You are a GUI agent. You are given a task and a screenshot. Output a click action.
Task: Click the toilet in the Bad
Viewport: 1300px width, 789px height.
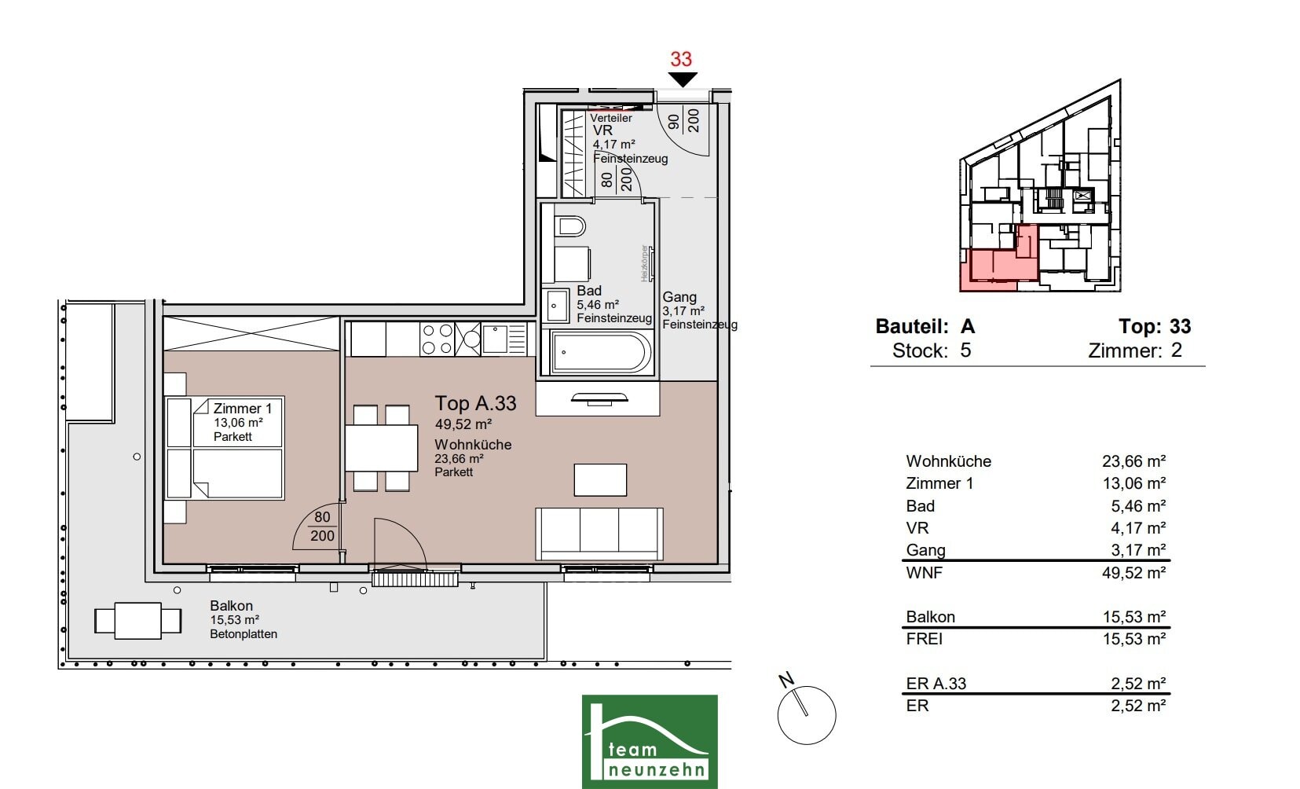[570, 226]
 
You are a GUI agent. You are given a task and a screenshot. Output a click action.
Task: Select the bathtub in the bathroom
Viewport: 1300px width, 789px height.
[599, 352]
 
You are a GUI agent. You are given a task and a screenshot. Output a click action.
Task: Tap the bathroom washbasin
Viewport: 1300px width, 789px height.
[556, 306]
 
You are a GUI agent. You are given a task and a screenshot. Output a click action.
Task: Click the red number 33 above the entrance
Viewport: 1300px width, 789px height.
[681, 59]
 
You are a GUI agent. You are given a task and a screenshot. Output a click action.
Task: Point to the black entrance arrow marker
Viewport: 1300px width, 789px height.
[683, 79]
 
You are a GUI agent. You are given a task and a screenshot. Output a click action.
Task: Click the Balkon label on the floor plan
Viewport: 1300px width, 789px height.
[231, 606]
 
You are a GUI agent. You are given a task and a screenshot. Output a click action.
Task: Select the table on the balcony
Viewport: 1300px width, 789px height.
[138, 621]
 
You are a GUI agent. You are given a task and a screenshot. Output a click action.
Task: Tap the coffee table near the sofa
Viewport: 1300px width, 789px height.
[600, 479]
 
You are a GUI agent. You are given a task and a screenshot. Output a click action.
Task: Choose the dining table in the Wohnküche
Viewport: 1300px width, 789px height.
[381, 448]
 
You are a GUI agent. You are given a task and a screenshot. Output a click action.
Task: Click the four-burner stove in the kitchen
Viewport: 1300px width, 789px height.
[438, 339]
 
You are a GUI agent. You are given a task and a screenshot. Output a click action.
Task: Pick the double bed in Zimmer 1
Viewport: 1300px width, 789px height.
[225, 448]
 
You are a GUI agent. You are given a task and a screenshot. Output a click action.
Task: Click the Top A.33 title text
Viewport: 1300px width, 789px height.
[475, 403]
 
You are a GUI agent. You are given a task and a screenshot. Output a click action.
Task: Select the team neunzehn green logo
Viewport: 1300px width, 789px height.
[650, 741]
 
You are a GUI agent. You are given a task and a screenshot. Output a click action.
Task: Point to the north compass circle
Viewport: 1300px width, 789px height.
[807, 715]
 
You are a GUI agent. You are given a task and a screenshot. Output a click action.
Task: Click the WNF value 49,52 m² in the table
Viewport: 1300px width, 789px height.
[1133, 573]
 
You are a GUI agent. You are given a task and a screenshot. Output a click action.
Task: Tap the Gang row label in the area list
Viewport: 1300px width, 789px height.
[925, 550]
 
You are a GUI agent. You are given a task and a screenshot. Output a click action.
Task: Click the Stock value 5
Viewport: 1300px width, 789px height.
[965, 350]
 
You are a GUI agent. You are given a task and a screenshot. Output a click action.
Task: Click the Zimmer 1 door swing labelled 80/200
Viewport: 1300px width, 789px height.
[317, 526]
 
